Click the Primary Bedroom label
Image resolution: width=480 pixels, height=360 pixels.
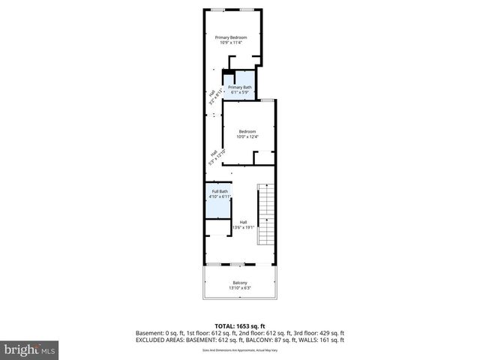coord(232,37)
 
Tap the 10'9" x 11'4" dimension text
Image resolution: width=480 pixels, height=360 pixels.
coord(232,43)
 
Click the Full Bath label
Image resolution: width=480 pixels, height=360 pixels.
coord(219,193)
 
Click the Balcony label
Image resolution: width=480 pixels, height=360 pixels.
coord(239,282)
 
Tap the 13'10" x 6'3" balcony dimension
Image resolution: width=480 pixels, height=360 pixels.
coord(239,288)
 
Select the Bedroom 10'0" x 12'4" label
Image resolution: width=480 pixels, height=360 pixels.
coord(247,134)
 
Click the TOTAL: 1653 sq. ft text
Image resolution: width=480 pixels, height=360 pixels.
coord(239,325)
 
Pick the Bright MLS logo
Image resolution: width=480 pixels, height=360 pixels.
coord(29,349)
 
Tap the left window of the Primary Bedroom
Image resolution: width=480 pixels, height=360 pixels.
coord(217,9)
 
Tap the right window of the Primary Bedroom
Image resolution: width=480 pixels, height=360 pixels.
coord(247,9)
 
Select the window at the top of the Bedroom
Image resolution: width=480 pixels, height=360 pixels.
coord(265,100)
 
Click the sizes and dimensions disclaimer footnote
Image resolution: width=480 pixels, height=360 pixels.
coord(239,350)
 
